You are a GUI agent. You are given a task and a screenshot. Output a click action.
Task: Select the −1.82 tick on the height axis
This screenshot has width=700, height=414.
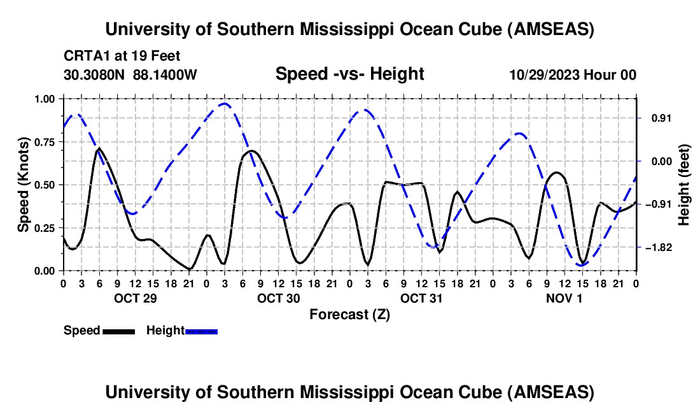click(x=656, y=247)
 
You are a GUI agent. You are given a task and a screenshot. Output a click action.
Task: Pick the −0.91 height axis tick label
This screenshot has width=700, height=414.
click(x=656, y=204)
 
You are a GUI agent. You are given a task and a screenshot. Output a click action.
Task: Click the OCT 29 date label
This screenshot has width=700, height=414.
click(x=134, y=297)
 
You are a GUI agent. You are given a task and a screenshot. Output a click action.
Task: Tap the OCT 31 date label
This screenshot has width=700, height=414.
click(x=421, y=297)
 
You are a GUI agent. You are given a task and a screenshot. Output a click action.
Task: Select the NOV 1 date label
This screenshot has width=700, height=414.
click(x=564, y=297)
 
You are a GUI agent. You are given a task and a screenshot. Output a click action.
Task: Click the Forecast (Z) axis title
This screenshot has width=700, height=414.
click(x=349, y=314)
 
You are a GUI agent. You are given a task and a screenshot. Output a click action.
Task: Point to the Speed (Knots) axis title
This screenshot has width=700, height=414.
click(x=24, y=185)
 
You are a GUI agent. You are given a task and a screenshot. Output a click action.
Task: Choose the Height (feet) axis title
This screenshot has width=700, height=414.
click(x=684, y=185)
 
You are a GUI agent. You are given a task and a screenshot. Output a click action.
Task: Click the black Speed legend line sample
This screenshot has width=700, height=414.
click(x=118, y=331)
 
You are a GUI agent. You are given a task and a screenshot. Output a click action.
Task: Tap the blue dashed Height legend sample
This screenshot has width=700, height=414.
click(x=201, y=331)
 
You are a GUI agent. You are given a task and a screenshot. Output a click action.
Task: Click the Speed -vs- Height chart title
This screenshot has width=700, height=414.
click(x=349, y=74)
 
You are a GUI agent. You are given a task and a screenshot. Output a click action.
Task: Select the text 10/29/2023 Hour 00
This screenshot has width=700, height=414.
click(x=573, y=75)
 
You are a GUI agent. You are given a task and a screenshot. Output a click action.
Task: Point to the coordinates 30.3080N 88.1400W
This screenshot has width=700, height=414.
click(x=130, y=75)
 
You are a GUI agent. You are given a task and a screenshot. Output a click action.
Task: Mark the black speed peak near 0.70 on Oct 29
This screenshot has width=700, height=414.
click(x=99, y=148)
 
